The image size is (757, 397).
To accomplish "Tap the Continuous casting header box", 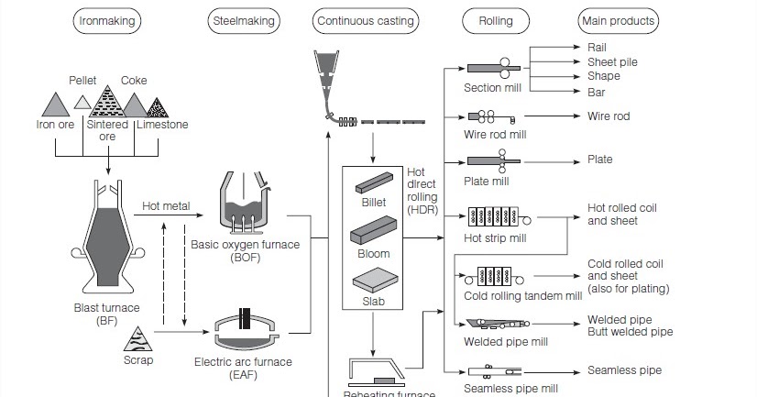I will pos(365,20).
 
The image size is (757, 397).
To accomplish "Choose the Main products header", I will pos(619,20).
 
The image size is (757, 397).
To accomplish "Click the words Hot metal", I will pos(166,206).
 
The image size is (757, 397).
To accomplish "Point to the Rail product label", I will pos(596,47).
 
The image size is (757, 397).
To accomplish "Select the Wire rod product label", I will pos(609,116).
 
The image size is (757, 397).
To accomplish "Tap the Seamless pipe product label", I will pos(623,370).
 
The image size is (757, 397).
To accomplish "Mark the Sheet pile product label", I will pos(612,61).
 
